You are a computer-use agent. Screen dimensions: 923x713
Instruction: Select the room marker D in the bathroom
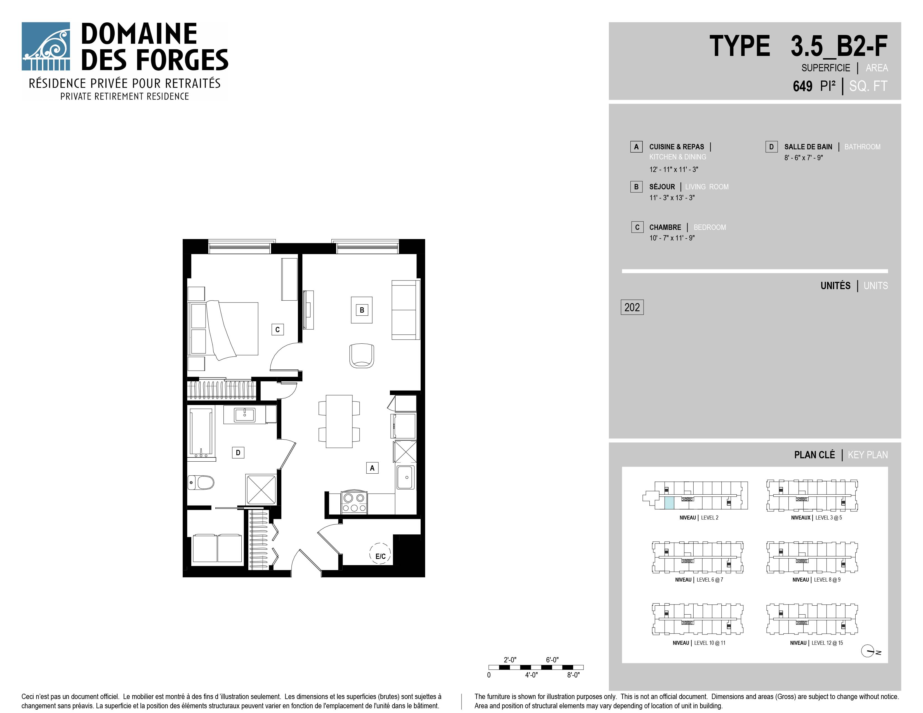pyautogui.click(x=238, y=453)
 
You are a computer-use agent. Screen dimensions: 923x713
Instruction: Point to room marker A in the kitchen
pyautogui.click(x=372, y=468)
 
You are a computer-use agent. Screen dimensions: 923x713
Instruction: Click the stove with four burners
pyautogui.click(x=354, y=503)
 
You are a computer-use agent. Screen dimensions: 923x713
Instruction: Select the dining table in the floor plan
pyautogui.click(x=339, y=421)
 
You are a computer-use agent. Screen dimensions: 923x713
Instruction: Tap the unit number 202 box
pyautogui.click(x=632, y=307)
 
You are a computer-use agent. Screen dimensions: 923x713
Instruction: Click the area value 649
pyautogui.click(x=802, y=86)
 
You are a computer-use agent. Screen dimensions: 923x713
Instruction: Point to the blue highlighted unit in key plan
pyautogui.click(x=669, y=503)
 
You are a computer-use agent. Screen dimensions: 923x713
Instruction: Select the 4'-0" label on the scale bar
pyautogui.click(x=531, y=675)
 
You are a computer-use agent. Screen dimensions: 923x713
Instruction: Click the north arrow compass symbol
pyautogui.click(x=868, y=651)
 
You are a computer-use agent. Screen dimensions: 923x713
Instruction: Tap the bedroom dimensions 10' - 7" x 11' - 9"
pyautogui.click(x=672, y=238)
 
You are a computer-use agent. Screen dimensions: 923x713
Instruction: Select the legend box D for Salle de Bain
pyautogui.click(x=771, y=147)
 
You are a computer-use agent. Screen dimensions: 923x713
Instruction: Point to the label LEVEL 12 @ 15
pyautogui.click(x=827, y=643)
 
